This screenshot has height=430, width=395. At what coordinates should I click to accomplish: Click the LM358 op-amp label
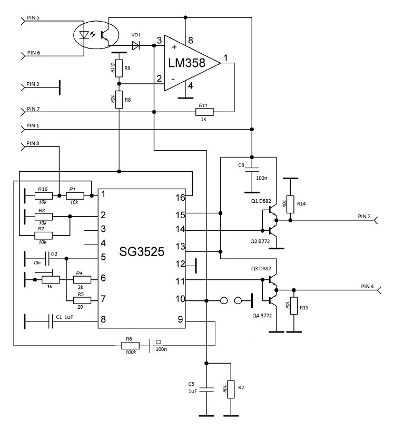click(x=189, y=63)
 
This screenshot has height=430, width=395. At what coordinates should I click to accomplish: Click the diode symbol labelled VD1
click(x=136, y=46)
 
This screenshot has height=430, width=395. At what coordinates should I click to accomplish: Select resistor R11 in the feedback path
click(x=205, y=112)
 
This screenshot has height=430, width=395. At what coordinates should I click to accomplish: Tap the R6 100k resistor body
click(x=130, y=346)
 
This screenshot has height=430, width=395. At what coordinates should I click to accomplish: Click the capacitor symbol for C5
click(x=206, y=390)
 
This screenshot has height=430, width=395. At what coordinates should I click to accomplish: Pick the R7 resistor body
click(x=230, y=389)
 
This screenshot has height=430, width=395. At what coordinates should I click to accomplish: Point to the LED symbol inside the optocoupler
click(x=83, y=35)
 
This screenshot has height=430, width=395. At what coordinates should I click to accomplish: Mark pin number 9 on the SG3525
click(x=180, y=319)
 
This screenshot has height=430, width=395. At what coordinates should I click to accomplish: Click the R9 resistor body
click(x=119, y=68)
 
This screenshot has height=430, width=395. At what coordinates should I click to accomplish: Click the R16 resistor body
click(x=43, y=196)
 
